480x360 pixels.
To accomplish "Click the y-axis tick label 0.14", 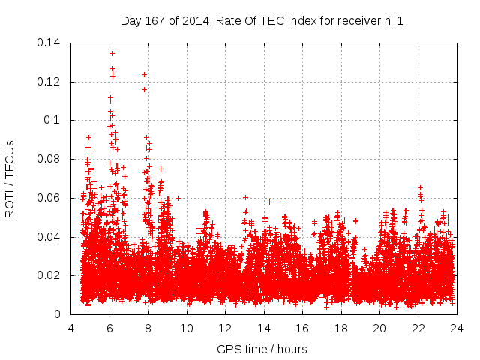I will point(50,43).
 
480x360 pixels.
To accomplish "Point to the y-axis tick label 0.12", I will point(50,82).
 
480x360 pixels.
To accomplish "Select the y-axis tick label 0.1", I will point(53,120).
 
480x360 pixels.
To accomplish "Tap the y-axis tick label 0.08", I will point(50,159).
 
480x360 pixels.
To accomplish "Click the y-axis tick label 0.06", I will point(50,198).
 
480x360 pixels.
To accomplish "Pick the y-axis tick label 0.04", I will point(50,237).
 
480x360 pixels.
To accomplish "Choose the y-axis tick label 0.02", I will point(50,275).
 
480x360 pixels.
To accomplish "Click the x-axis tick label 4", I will point(71,328).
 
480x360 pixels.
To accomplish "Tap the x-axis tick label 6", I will point(109,328).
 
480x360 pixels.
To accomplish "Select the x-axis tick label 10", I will point(187,328).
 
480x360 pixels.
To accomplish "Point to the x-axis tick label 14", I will point(264,328).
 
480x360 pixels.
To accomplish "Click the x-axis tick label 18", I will point(341,328).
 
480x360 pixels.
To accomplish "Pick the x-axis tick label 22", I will point(418,328).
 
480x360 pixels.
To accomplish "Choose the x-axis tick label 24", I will point(457,328).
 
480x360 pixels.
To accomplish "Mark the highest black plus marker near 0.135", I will point(112,53).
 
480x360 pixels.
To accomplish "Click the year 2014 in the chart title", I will point(194,20).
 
